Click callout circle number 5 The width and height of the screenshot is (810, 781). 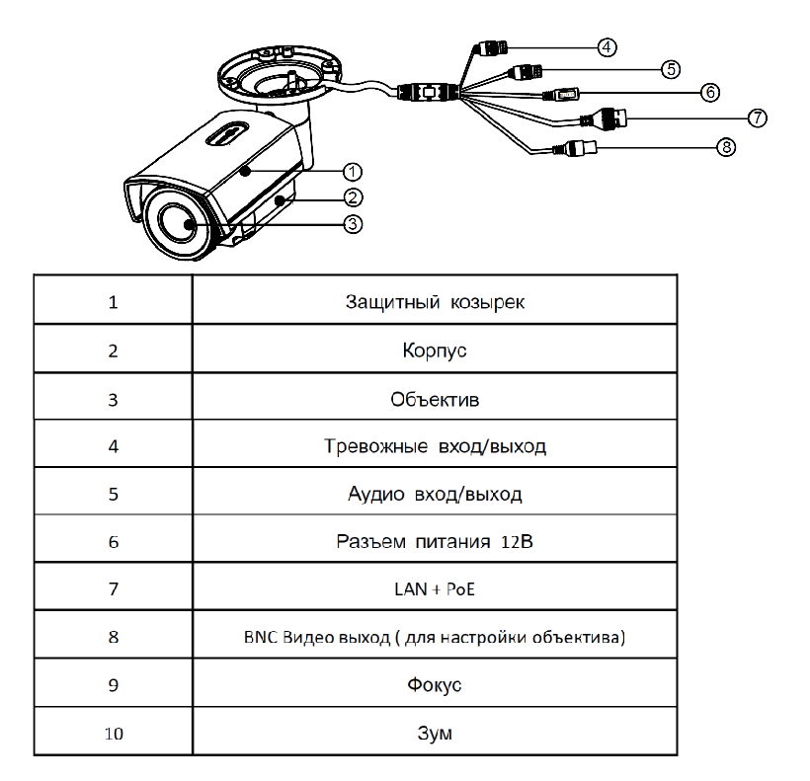671,69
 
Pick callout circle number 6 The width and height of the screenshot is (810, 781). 709,93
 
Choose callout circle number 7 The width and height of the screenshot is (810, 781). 757,117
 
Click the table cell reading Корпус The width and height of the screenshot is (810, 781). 435,351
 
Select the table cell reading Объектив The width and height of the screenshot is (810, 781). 435,398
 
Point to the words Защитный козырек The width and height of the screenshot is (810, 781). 435,302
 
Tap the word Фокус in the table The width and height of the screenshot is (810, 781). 435,685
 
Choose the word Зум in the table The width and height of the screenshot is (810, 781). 435,734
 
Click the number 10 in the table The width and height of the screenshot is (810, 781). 112,734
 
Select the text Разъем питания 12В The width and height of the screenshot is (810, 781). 435,541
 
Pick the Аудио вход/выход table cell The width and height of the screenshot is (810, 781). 435,494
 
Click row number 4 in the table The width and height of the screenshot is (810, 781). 112,446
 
